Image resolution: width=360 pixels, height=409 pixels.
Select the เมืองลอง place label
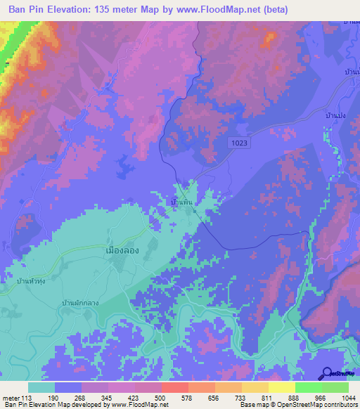coord(120,249)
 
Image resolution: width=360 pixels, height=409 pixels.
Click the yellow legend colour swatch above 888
coord(282,387)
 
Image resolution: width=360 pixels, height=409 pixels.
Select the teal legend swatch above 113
coord(41,387)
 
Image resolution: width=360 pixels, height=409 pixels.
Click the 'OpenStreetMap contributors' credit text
coord(323,404)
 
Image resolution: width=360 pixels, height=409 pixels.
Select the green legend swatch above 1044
coord(335,387)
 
